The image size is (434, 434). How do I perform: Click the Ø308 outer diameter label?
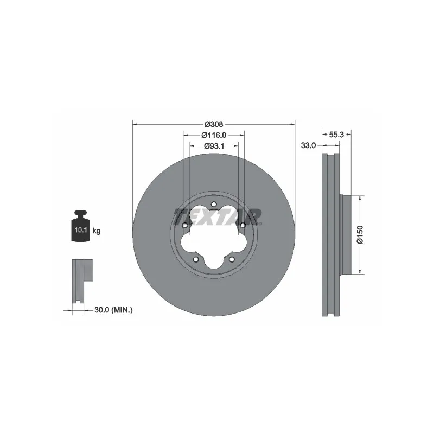tap(213, 124)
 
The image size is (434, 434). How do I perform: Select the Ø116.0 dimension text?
tap(213, 135)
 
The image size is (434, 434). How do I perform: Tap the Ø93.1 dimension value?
tap(214, 145)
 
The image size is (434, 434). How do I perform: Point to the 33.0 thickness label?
tap(308, 145)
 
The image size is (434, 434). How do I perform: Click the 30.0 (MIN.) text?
tap(113, 310)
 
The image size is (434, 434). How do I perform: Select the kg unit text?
tap(96, 231)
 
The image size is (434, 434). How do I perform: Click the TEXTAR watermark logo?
tap(218, 217)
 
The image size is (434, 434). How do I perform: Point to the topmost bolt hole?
tap(213, 205)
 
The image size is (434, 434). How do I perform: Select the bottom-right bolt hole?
tap(232, 260)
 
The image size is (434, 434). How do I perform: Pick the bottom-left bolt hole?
tap(195, 260)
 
